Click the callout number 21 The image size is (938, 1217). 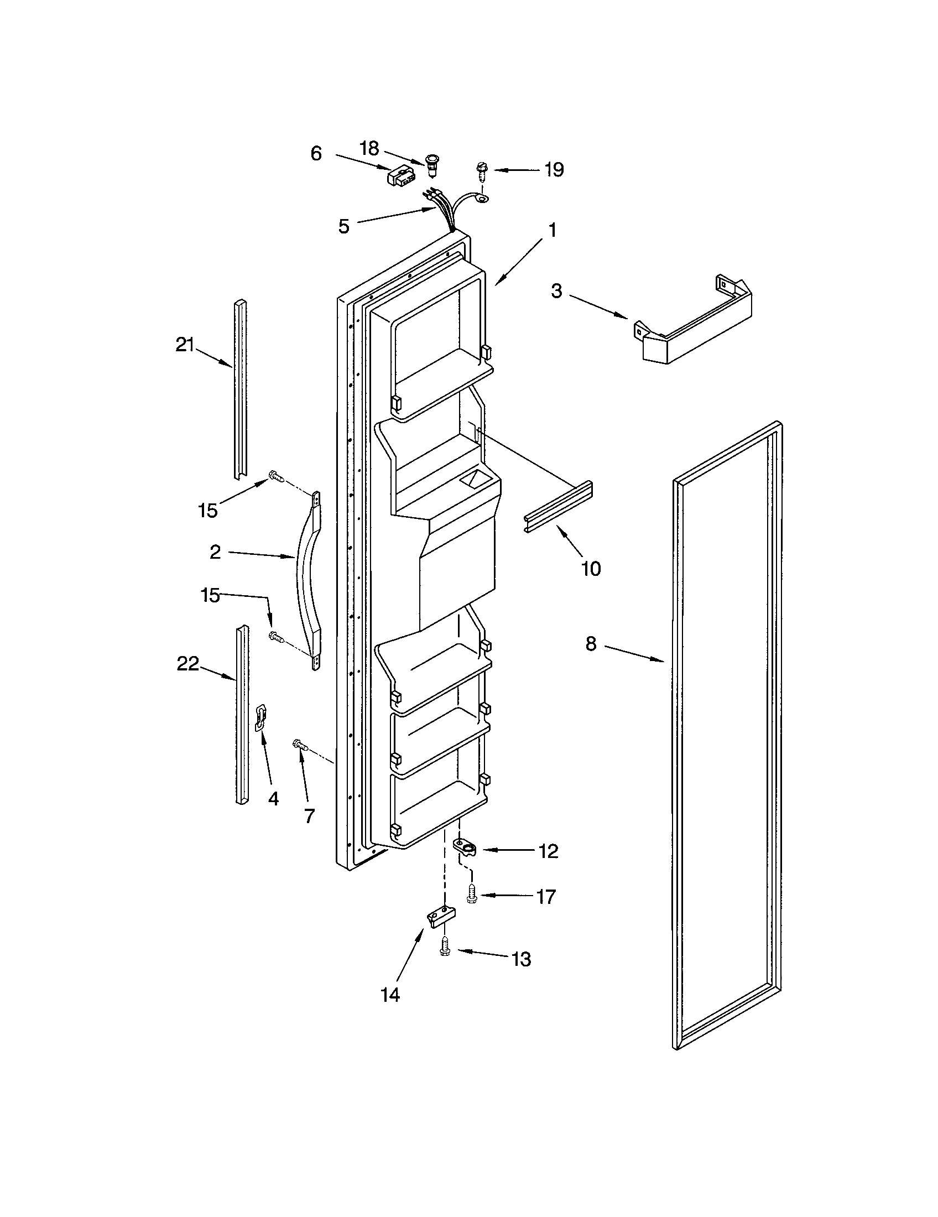point(184,346)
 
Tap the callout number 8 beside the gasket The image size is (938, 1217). point(591,644)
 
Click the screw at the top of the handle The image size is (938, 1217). point(276,475)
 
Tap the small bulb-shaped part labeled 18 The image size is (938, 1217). point(431,165)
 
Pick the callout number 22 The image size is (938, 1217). point(187,664)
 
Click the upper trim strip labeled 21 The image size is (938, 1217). point(240,390)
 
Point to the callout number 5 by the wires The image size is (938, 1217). point(343,226)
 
